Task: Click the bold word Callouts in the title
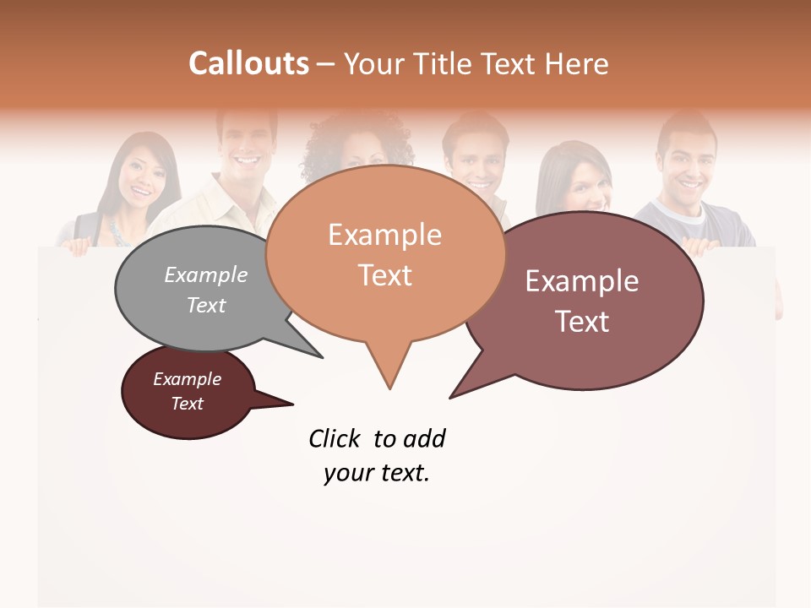248,63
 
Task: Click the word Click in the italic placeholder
335,438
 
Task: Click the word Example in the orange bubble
384,234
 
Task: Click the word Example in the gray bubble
205,274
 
